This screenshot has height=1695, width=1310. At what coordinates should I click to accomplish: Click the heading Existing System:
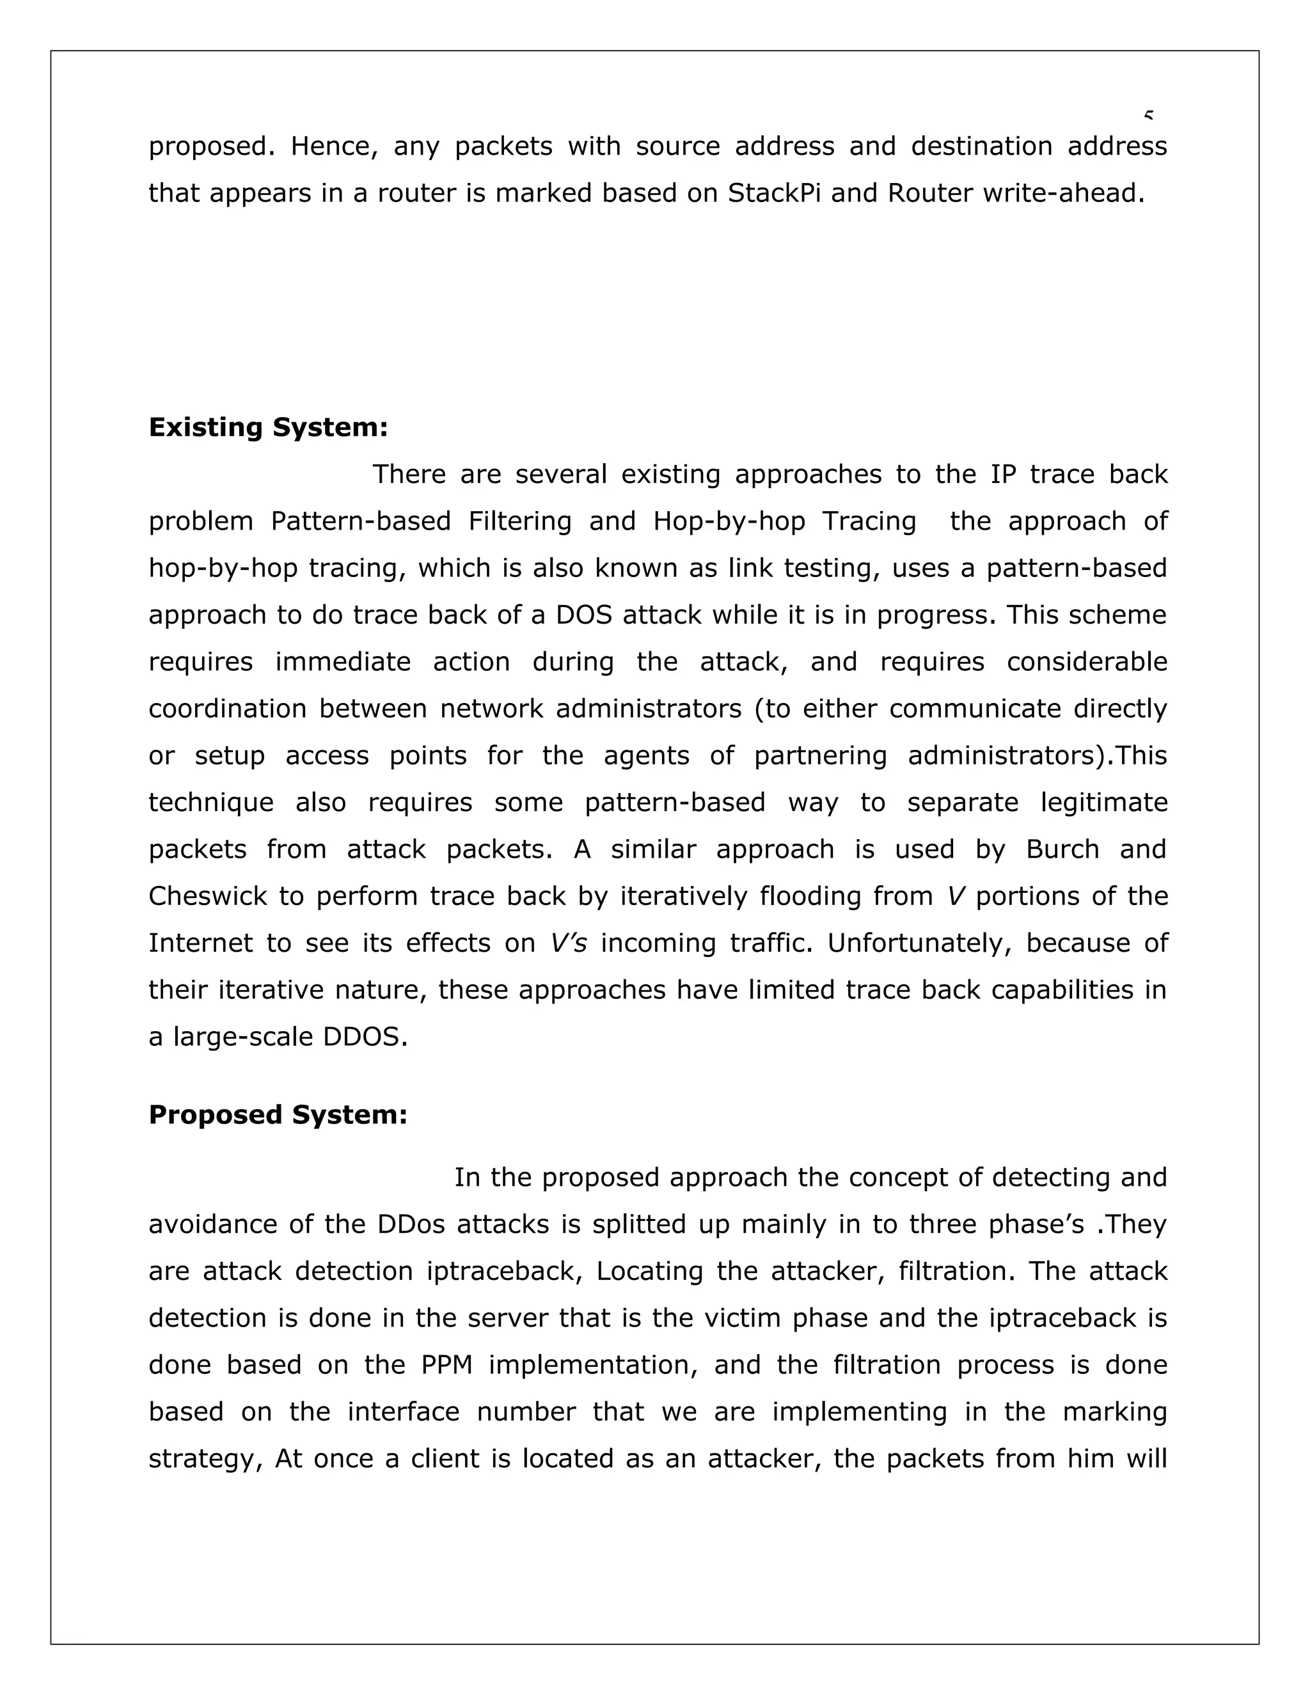(x=268, y=428)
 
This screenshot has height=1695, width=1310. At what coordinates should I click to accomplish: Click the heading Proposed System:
(x=278, y=1116)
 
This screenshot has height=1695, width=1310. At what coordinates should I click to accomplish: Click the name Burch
(x=1062, y=850)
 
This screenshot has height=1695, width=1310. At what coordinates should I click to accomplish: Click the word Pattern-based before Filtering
(x=360, y=521)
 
